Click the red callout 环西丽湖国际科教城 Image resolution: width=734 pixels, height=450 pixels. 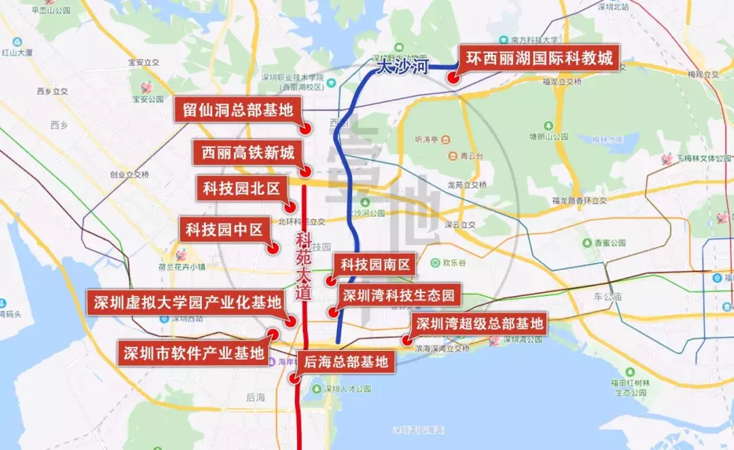tap(539, 59)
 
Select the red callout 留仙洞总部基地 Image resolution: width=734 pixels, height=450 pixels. tap(237, 110)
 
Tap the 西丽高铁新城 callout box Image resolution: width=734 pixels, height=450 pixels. tap(248, 153)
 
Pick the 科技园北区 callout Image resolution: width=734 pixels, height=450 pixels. tap(241, 189)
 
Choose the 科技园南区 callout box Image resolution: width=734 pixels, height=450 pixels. tap(375, 265)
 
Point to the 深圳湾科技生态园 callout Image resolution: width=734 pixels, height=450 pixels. tap(398, 295)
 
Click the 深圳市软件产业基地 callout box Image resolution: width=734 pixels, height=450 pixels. tap(192, 352)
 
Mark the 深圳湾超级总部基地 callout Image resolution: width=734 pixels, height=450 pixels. tap(479, 323)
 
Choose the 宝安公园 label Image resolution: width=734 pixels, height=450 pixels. tap(148, 99)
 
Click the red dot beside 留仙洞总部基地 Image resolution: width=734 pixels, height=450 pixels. tap(307, 128)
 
